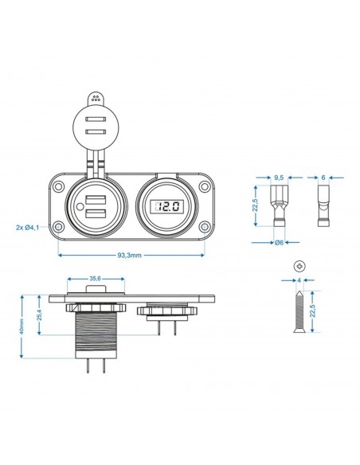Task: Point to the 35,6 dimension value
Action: pos(96,279)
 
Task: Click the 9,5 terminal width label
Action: pos(278,178)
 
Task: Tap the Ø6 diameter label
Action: pos(279,241)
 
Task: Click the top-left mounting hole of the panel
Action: pos(60,187)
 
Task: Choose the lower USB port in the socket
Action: pos(96,213)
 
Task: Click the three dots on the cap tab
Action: pos(96,100)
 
